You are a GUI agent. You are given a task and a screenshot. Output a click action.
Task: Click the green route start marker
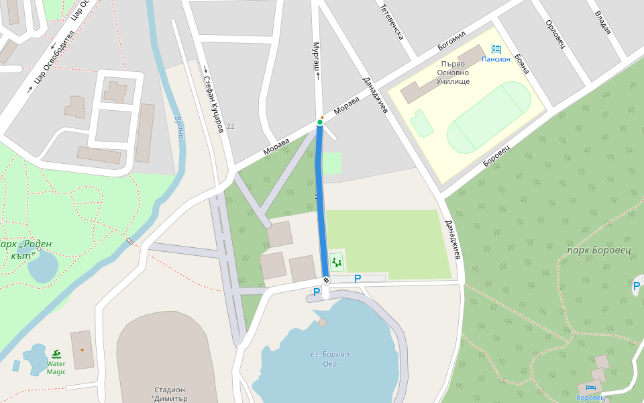pyautogui.click(x=320, y=122)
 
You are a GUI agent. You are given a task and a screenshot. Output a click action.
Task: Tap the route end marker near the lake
pyautogui.click(x=326, y=280)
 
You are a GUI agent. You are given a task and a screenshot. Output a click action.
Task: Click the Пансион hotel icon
pyautogui.click(x=496, y=49)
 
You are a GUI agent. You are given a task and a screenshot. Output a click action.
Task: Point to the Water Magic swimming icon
pyautogui.click(x=56, y=354)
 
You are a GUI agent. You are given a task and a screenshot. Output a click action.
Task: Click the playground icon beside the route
pyautogui.click(x=336, y=261)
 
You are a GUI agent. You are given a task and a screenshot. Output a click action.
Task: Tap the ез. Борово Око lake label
pyautogui.click(x=329, y=359)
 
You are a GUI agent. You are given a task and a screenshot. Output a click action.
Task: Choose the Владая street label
pyautogui.click(x=602, y=21)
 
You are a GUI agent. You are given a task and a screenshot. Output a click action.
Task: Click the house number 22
pyautogui.click(x=231, y=126)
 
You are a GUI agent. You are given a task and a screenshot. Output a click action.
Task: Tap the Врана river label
pyautogui.click(x=179, y=126)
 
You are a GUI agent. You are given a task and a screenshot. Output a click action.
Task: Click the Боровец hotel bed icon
pyautogui.click(x=591, y=388)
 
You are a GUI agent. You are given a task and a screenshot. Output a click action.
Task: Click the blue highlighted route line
pyautogui.click(x=322, y=201)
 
